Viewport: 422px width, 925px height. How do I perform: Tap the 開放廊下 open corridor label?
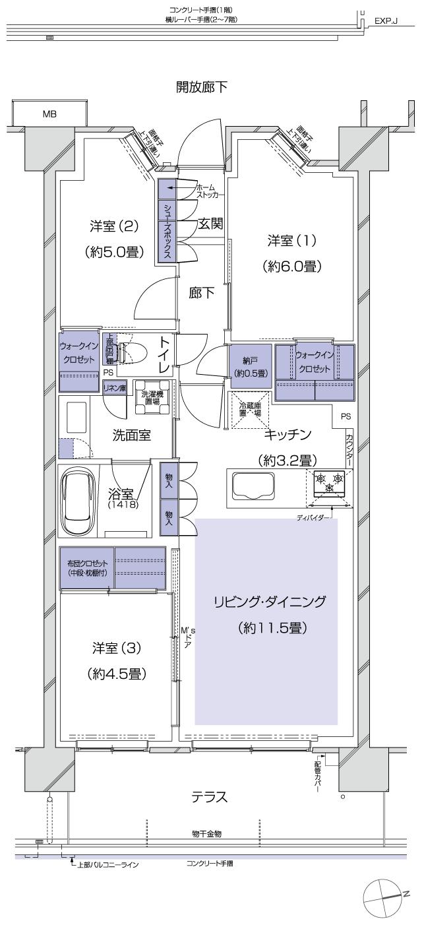pos(202,87)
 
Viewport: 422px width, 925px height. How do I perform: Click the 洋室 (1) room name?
pos(291,240)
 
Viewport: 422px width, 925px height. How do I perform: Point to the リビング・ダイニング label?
pos(270,601)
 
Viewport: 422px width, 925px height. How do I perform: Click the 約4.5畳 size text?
pos(115,674)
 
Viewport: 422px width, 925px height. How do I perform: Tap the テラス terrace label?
pos(210,797)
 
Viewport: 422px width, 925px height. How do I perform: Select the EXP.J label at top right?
pos(385,20)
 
